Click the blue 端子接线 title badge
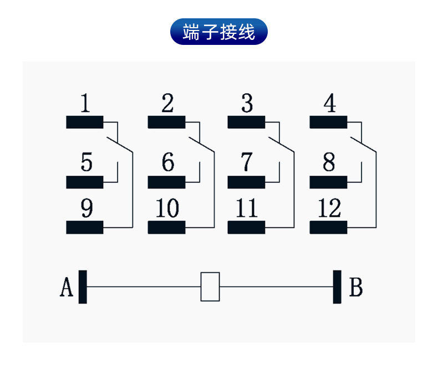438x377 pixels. click(218, 32)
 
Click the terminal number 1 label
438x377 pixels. click(85, 104)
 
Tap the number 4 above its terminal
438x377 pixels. click(329, 104)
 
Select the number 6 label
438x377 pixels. click(167, 162)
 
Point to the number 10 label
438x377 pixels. click(167, 209)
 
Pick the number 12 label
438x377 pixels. click(329, 209)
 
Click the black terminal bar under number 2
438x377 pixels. click(166, 123)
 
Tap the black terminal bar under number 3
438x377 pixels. click(246, 123)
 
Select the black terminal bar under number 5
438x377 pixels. click(85, 182)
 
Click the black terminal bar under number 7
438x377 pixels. click(246, 182)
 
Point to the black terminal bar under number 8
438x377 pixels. click(328, 182)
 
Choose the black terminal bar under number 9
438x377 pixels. click(85, 227)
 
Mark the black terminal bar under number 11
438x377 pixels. click(246, 227)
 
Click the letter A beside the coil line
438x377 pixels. click(67, 288)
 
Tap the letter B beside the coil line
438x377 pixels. click(356, 288)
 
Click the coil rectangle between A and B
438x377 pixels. click(210, 287)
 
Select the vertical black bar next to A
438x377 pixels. click(83, 287)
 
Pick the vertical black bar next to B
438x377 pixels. click(337, 287)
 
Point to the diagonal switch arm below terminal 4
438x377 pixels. click(363, 143)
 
